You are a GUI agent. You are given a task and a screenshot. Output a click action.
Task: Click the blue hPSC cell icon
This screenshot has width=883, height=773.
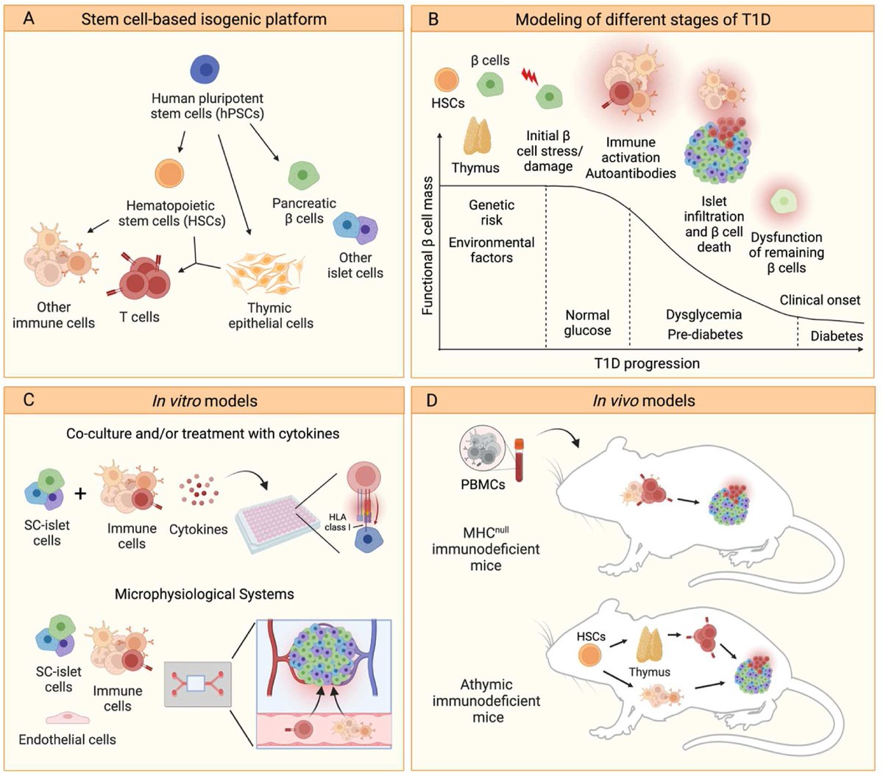click(207, 69)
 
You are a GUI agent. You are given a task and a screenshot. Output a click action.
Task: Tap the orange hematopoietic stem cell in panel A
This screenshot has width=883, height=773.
click(169, 174)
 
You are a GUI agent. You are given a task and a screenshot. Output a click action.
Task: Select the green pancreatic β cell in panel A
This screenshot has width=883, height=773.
click(302, 175)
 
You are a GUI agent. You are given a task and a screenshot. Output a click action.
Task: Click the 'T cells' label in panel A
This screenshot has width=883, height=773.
click(140, 317)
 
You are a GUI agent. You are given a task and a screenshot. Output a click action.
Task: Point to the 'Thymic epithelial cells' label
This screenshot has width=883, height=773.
click(270, 316)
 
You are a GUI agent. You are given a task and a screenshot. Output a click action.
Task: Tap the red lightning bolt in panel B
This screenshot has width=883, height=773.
click(528, 75)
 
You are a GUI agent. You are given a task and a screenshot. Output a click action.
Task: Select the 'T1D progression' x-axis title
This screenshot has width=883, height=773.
click(647, 363)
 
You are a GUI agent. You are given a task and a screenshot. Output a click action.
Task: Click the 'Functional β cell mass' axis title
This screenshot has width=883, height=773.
click(428, 245)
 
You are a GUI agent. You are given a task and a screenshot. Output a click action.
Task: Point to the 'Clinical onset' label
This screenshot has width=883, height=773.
click(820, 300)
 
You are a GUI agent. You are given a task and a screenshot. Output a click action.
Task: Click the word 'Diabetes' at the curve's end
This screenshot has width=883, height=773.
click(837, 336)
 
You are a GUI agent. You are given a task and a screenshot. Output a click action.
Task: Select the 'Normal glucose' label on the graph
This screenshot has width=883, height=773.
click(587, 322)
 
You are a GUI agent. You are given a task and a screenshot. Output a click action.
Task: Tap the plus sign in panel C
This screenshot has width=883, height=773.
click(80, 492)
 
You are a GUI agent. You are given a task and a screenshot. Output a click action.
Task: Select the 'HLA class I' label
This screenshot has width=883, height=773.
click(338, 522)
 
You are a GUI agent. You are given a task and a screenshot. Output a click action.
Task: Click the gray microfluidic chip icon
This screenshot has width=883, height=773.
click(197, 683)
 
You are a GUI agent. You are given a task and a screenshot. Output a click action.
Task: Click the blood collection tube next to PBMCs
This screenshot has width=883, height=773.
click(519, 459)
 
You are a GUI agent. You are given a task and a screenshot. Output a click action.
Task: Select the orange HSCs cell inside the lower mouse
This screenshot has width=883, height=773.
click(589, 655)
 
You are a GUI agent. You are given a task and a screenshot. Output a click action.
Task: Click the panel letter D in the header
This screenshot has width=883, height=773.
click(433, 401)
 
